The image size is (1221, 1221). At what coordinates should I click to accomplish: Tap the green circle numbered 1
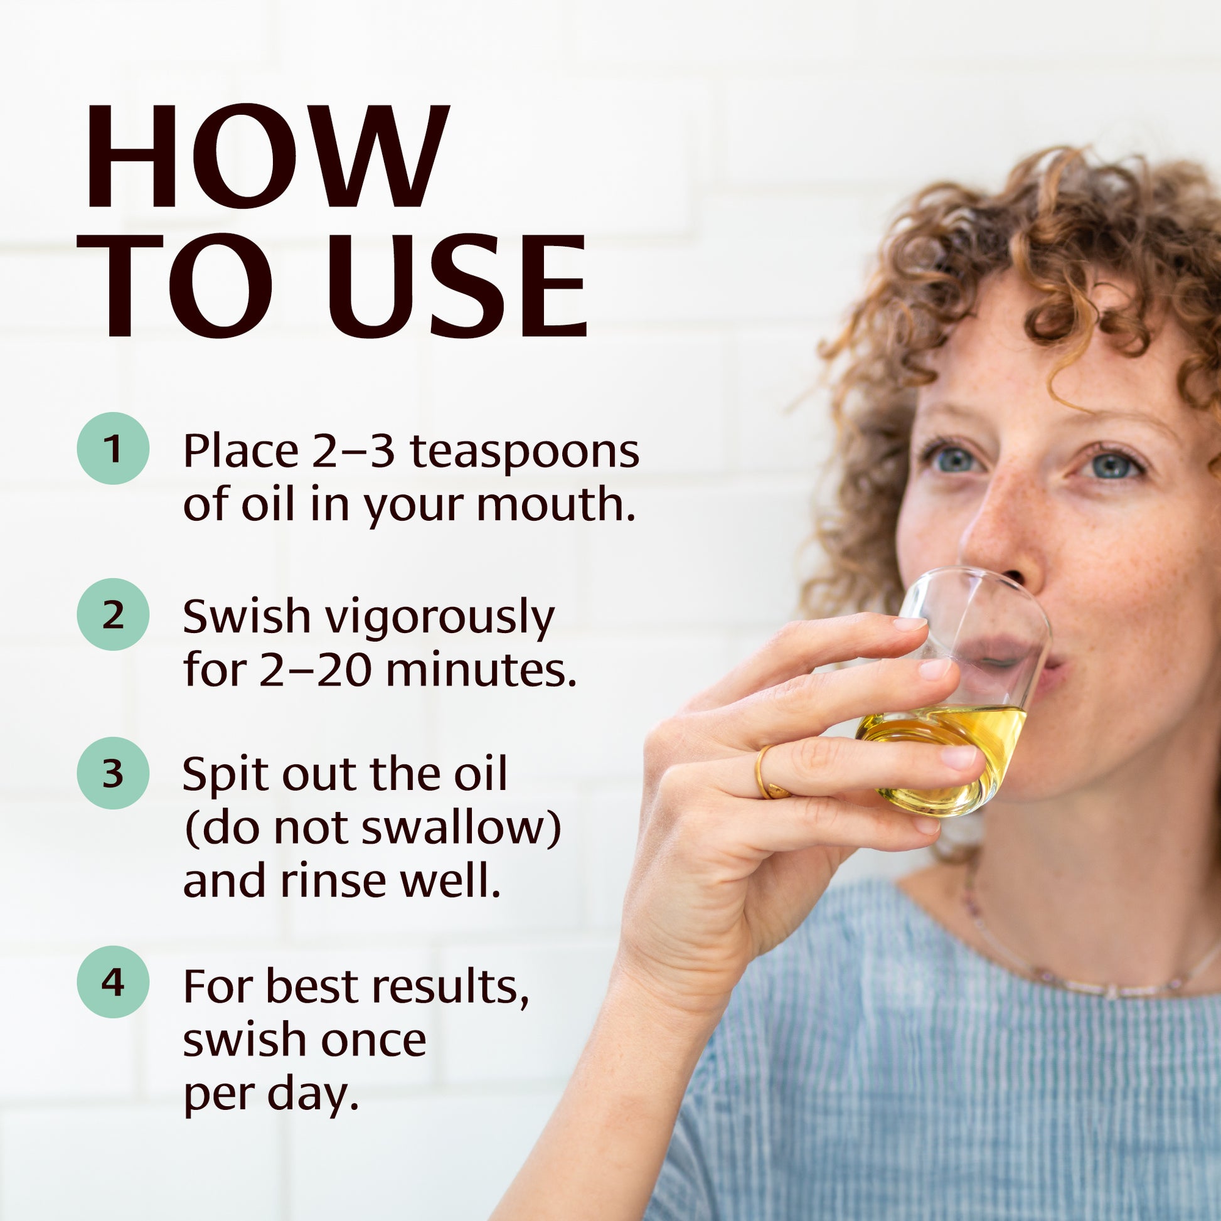click(x=113, y=449)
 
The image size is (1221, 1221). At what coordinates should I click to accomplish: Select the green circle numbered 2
click(x=113, y=614)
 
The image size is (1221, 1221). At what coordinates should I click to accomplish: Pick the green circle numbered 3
click(x=113, y=773)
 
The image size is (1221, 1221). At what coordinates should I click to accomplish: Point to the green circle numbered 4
click(x=113, y=982)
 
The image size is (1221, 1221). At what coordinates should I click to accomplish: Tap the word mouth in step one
click(x=555, y=506)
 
